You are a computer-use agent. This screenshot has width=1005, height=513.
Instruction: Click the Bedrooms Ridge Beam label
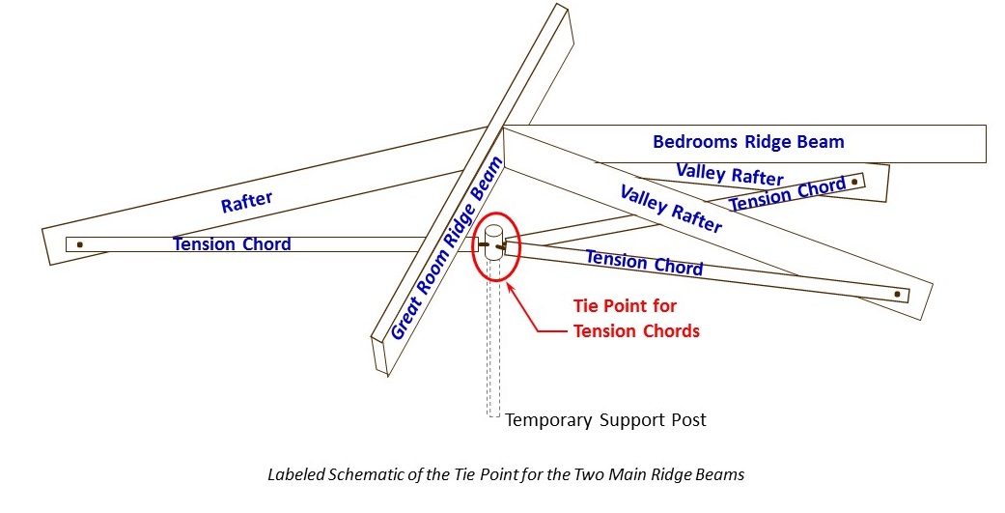748,142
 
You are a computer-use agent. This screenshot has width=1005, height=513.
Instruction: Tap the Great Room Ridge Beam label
447,248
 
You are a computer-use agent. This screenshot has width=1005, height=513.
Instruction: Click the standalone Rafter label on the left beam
246,203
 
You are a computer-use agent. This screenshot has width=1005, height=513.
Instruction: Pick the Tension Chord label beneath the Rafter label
232,244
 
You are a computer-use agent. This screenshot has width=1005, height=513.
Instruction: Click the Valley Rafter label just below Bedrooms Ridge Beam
729,174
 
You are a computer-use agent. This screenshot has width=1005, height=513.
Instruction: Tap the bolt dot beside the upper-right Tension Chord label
854,181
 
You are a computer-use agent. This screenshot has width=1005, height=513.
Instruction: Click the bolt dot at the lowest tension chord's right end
898,293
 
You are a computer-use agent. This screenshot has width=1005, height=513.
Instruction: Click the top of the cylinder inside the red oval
492,233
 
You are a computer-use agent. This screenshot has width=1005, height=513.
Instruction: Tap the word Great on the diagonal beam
405,320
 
